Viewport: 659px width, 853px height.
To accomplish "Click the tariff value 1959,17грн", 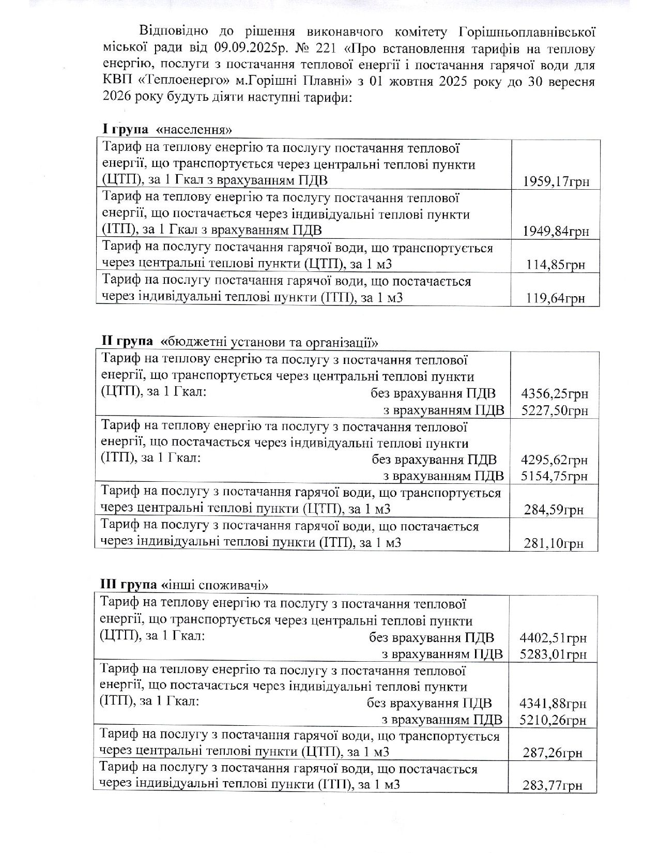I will tap(556, 181).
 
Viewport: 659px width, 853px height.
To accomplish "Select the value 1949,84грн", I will tap(556, 231).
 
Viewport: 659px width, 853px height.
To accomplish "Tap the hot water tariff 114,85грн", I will tap(556, 265).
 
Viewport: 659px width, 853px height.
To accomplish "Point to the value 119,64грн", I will tap(556, 298).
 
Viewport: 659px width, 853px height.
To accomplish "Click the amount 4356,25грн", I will tap(555, 394).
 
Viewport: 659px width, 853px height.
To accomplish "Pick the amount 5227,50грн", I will tap(555, 410).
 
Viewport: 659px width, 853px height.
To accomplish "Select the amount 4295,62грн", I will tap(555, 460).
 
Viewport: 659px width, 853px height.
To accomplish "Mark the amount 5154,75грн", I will tap(555, 476).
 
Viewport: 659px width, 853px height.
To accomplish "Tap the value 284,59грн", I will tap(554, 510).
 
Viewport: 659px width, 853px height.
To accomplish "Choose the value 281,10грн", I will tap(554, 543).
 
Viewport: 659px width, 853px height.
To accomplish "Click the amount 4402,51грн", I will tap(553, 637).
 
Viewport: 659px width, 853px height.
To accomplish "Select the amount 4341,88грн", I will tap(553, 704).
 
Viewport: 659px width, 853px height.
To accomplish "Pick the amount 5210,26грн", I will tap(553, 720).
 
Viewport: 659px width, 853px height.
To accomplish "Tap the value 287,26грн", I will tap(553, 753).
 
